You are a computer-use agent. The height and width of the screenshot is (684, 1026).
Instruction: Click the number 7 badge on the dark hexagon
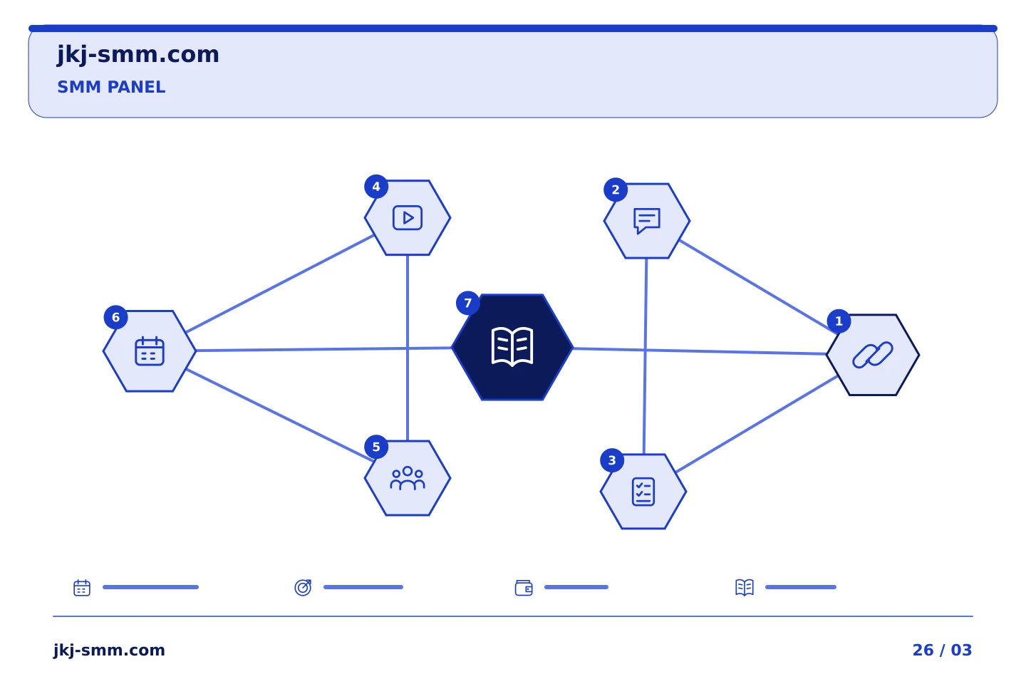click(467, 303)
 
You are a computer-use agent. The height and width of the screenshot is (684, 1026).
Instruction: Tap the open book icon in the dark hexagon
click(512, 347)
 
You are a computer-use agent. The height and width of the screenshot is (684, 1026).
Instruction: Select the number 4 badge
click(376, 187)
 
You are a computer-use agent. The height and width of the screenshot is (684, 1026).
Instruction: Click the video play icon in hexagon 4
click(408, 217)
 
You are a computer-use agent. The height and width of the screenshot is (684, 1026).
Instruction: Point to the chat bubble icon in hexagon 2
click(647, 221)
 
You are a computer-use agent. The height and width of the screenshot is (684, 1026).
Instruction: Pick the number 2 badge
click(616, 190)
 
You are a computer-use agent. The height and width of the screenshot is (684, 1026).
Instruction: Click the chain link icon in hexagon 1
click(873, 355)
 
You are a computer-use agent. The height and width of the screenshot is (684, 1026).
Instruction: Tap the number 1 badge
click(839, 321)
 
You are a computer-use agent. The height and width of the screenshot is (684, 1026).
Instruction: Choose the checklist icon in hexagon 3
click(643, 492)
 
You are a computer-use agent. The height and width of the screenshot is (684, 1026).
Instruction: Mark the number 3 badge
click(612, 460)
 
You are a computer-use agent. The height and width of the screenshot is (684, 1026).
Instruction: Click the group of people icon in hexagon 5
click(408, 478)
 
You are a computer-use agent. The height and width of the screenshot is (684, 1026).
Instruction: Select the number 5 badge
click(376, 447)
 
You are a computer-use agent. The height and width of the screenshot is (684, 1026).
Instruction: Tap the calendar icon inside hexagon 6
click(150, 351)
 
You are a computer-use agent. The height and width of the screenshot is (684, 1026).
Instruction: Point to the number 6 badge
click(115, 318)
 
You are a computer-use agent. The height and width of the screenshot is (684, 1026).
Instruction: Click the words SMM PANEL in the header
click(111, 87)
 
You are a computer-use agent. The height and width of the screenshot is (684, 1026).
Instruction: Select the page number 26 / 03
click(942, 650)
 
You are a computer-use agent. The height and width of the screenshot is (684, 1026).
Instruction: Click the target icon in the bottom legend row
click(303, 587)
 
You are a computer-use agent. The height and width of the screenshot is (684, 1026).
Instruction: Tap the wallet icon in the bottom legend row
click(524, 588)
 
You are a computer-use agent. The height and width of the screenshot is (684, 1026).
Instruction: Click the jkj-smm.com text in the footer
click(109, 651)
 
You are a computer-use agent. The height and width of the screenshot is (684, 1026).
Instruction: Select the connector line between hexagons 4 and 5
click(408, 348)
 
